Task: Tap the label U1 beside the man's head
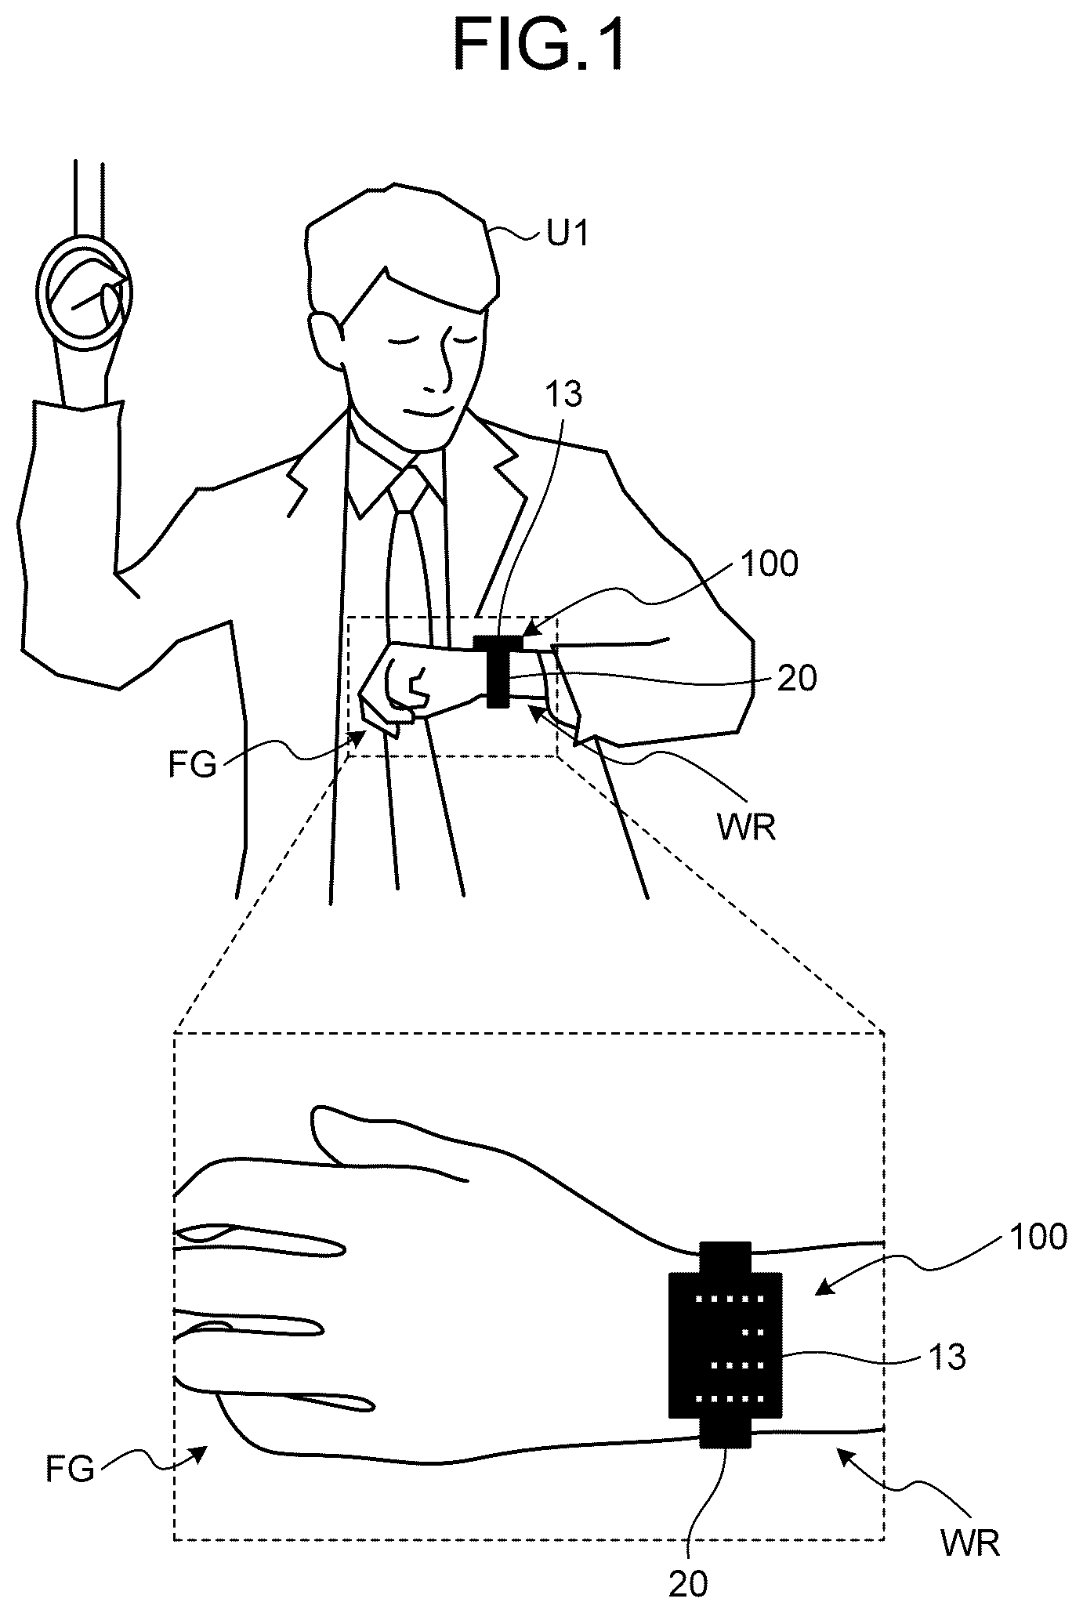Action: pyautogui.click(x=567, y=234)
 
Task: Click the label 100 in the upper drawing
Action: pyautogui.click(x=769, y=564)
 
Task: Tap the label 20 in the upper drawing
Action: pyautogui.click(x=796, y=678)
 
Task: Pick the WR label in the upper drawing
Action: pyautogui.click(x=748, y=828)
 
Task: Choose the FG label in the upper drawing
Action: pyautogui.click(x=192, y=765)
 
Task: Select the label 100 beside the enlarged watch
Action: pyautogui.click(x=1036, y=1238)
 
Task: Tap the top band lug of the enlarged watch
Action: pyautogui.click(x=726, y=1257)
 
